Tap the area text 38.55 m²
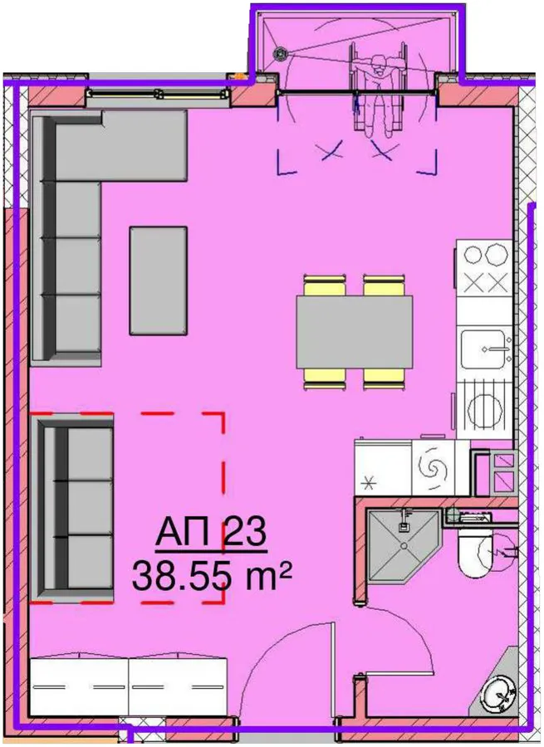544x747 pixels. [x=212, y=574]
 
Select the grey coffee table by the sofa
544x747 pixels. [x=159, y=281]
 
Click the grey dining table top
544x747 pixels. [x=355, y=331]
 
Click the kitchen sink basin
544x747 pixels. [x=483, y=349]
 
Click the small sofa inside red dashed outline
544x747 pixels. [x=72, y=508]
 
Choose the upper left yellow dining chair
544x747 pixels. [x=324, y=286]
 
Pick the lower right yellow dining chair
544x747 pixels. [x=384, y=378]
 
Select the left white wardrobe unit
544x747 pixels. [x=80, y=686]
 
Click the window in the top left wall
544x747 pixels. [x=157, y=94]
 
